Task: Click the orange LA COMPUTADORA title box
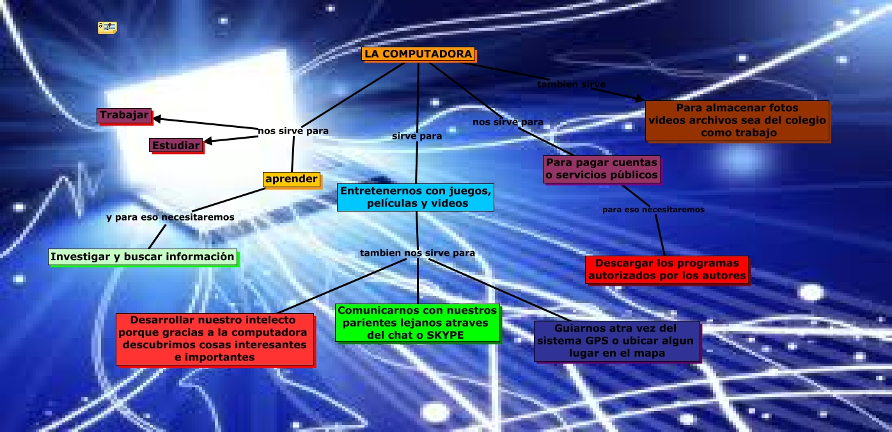418,54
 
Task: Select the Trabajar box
124,116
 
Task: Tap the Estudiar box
175,146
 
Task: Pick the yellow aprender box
291,180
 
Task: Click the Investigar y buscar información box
143,257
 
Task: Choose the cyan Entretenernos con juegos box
416,197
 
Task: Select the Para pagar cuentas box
602,169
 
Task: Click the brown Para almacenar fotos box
737,121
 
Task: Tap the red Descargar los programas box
666,270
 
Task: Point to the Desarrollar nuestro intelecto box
214,339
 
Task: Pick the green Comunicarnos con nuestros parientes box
417,323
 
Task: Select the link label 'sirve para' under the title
417,135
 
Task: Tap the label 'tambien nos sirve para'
417,253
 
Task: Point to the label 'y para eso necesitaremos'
170,217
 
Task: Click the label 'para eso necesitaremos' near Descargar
653,210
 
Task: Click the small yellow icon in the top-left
107,27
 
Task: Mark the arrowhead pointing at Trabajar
157,118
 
